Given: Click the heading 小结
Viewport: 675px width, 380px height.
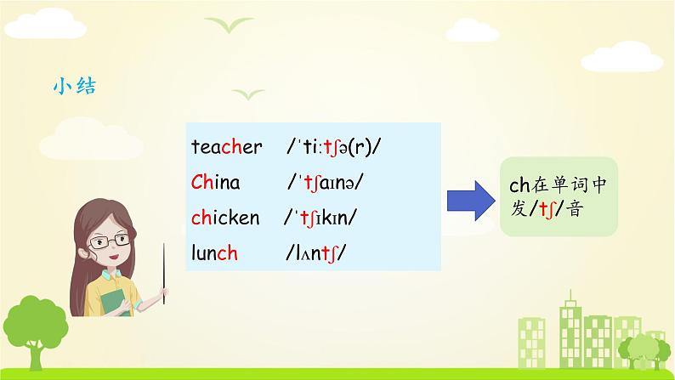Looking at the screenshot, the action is click(75, 86).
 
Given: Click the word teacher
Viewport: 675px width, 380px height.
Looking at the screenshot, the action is click(226, 147).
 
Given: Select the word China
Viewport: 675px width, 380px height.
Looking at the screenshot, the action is click(215, 182).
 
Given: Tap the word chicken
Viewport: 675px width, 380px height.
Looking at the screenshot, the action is click(225, 218).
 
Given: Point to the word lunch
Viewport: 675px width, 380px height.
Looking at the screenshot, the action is click(214, 252).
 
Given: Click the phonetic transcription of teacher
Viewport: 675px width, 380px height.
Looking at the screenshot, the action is click(333, 147).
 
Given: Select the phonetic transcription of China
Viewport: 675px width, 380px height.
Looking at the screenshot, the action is click(326, 183).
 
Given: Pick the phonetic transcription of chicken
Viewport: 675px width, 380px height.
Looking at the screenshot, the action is click(320, 218).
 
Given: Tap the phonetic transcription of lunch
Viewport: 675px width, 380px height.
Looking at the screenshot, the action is click(315, 253).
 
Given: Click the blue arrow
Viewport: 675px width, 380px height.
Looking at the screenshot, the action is click(471, 201).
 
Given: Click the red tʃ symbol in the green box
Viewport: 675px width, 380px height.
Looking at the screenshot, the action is click(547, 210).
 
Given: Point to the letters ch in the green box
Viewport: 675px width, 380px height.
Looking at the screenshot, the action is click(519, 185).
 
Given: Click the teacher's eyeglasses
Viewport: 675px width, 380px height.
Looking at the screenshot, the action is click(110, 241).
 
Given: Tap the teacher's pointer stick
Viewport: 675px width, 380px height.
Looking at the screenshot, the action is click(163, 274).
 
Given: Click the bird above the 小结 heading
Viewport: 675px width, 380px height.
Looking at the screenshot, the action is click(229, 24).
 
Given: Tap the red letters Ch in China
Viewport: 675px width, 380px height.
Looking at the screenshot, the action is click(203, 182).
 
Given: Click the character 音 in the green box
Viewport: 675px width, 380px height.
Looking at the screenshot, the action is click(575, 209).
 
